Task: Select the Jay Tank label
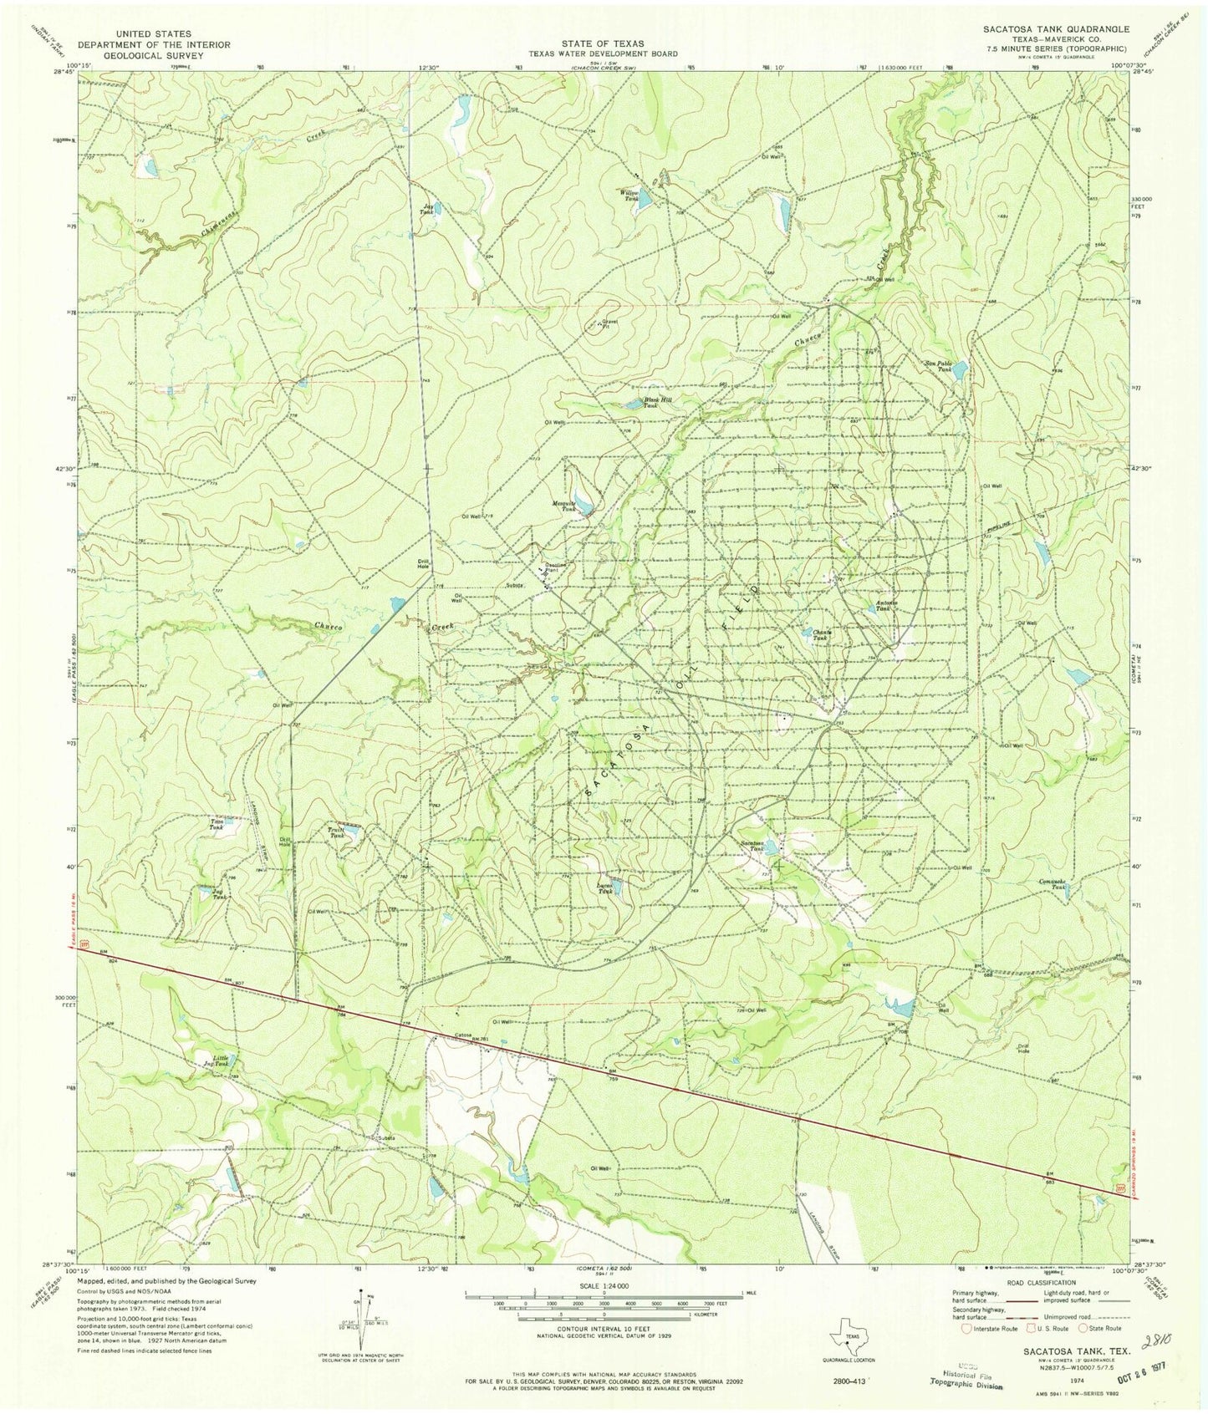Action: pos(429,209)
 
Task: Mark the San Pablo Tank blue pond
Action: pos(961,368)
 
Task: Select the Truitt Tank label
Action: pos(336,831)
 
